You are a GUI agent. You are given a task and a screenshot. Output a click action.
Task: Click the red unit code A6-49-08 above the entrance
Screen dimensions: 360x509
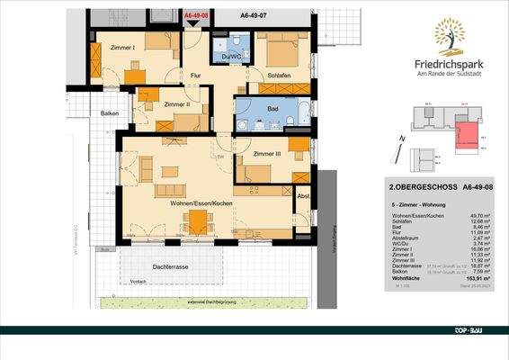pos(197,16)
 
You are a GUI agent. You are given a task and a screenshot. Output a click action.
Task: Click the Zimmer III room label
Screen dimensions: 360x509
pos(267,154)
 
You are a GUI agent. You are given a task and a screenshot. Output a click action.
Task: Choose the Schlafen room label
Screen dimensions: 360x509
pos(283,76)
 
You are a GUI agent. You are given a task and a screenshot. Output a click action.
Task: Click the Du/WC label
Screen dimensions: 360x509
pos(230,58)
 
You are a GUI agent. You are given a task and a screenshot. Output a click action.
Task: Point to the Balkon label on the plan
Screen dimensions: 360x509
pos(110,113)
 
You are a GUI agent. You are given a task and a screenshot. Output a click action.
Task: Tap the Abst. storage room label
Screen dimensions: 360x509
pos(304,196)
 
